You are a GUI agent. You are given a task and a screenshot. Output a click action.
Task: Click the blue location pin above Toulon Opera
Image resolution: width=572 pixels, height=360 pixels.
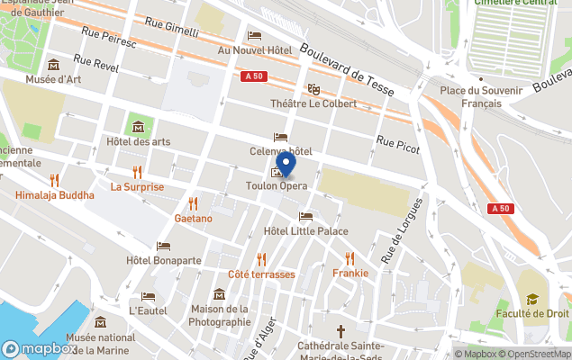pyautogui.click(x=286, y=164)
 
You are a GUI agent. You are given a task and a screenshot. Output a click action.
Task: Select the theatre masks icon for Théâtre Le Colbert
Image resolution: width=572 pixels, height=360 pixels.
pyautogui.click(x=313, y=89)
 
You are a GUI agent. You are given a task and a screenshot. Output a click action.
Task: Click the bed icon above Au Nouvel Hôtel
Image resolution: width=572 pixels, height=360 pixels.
pyautogui.click(x=255, y=36)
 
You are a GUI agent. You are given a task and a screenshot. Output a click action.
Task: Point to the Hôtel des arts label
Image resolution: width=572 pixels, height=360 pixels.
pyautogui.click(x=138, y=141)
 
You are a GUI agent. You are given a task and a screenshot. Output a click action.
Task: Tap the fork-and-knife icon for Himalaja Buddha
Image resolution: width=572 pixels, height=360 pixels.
pyautogui.click(x=54, y=180)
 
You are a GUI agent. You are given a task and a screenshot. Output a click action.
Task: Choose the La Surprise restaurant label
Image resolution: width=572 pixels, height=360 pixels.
pyautogui.click(x=137, y=187)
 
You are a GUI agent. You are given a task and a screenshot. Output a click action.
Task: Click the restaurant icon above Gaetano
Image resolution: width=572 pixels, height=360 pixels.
pyautogui.click(x=193, y=203)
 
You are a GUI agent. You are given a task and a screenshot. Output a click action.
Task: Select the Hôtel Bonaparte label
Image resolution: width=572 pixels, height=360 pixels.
pyautogui.click(x=164, y=260)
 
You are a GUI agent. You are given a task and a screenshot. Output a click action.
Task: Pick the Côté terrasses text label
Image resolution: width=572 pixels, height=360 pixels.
pyautogui.click(x=261, y=274)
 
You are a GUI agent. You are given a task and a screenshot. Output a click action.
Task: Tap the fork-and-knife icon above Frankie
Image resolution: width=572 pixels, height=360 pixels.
pyautogui.click(x=350, y=257)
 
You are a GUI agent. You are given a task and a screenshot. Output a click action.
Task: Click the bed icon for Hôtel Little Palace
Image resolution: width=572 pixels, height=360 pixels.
pyautogui.click(x=305, y=217)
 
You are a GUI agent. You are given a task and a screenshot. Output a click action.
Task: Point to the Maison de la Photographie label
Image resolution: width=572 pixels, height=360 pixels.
pyautogui.click(x=220, y=315)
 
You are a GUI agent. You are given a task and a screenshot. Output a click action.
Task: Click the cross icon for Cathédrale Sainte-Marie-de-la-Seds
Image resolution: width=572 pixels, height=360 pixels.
pyautogui.click(x=340, y=331)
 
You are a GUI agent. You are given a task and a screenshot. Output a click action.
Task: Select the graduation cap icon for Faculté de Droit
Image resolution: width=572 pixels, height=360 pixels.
pyautogui.click(x=532, y=299)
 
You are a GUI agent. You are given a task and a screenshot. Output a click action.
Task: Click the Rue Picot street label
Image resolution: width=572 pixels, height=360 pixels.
pyautogui.click(x=398, y=144)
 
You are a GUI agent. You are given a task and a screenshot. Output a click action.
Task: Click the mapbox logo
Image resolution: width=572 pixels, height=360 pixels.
pyautogui.click(x=40, y=348)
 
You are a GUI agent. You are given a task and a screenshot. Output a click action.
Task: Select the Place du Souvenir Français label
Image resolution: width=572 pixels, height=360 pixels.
pyautogui.click(x=481, y=96)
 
